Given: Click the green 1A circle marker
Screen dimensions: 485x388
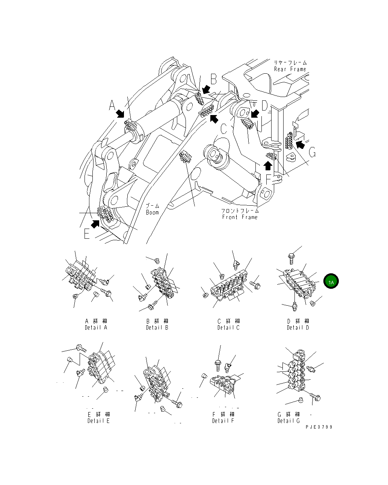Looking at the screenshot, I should (x=331, y=282).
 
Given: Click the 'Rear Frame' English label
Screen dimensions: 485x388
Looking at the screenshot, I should (x=290, y=69).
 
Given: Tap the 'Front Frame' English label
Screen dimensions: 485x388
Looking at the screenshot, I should (x=240, y=217).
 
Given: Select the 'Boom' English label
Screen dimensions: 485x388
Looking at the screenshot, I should (x=152, y=212).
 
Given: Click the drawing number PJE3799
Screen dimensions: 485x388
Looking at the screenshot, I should (x=319, y=427).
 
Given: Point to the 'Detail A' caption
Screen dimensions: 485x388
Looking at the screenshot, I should (x=96, y=327).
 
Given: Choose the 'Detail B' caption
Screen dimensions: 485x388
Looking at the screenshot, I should (x=157, y=327).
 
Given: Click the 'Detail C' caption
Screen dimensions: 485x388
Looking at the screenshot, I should (x=228, y=327).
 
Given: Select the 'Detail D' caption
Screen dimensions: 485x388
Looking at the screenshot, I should (x=298, y=327).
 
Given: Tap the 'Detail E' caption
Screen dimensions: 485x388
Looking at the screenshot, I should (x=98, y=421).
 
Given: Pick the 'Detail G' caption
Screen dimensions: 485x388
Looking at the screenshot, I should (x=288, y=421).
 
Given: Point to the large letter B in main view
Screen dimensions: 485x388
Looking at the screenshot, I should (x=213, y=80).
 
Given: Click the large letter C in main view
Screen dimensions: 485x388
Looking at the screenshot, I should (x=223, y=129).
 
